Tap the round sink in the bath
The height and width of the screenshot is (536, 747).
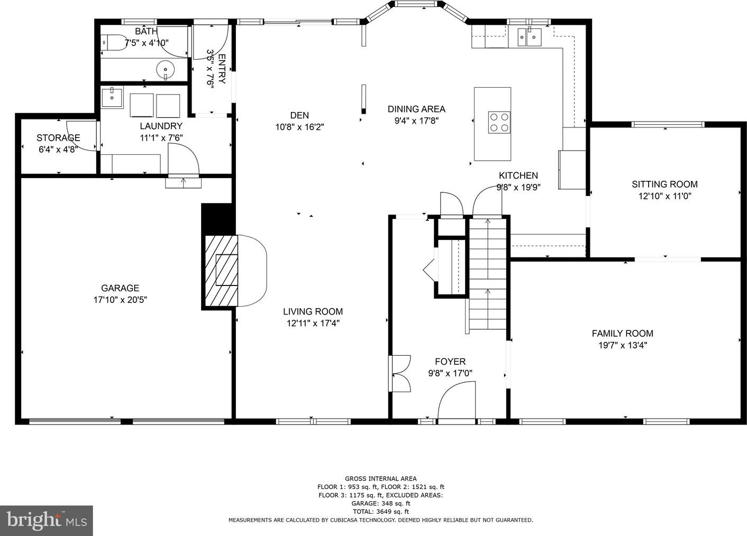coord(166,70)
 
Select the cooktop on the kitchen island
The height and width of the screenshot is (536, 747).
coord(499,122)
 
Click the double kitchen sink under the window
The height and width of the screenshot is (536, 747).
coord(530,36)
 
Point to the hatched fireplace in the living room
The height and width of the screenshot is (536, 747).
coord(222,271)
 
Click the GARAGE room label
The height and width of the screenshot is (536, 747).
coord(120,288)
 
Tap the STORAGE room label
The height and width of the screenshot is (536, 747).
coord(58,137)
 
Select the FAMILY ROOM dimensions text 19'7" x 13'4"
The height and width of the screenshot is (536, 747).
coord(623,345)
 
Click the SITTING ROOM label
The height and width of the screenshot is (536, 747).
coord(664,184)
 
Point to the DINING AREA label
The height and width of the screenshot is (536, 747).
coord(416,109)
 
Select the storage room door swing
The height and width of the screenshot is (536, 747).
coord(82,136)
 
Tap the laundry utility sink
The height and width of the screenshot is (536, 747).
coord(112,97)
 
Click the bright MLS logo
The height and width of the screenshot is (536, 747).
coord(47,520)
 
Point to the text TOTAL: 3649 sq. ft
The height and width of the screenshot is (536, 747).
coord(381,511)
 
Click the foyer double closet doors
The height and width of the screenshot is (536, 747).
coord(400,373)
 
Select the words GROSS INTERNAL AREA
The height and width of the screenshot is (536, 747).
coord(381,479)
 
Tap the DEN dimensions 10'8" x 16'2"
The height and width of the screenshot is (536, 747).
coord(299,127)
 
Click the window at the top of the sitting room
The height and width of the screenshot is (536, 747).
coord(668,125)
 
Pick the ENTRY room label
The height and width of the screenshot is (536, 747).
coord(222,69)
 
